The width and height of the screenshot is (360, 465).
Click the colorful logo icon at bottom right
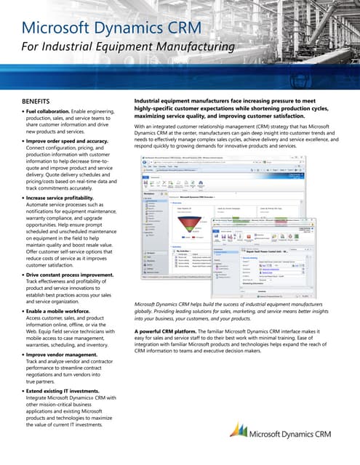[x=237, y=432]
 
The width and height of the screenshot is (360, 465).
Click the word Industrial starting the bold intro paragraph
[x=152, y=100]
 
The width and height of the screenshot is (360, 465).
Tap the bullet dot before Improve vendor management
[x=23, y=355]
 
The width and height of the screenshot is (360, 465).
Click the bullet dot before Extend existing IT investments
[x=23, y=390]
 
